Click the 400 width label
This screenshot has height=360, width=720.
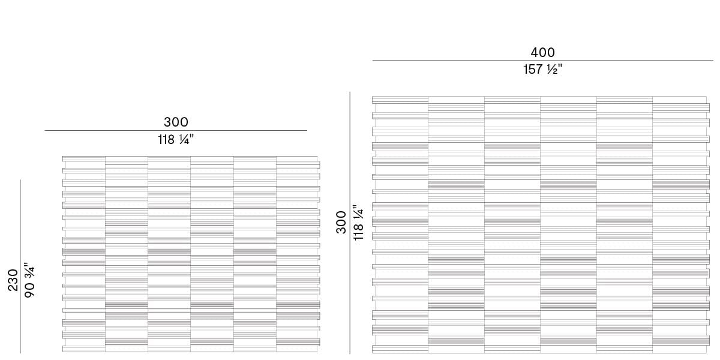point(542,53)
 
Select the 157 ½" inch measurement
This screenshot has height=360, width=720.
point(542,70)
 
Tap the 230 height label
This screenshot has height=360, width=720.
point(13,280)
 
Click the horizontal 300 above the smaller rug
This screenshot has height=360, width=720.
point(176,122)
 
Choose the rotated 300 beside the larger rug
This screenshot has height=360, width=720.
point(341,222)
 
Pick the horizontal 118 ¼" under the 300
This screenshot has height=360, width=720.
point(176,140)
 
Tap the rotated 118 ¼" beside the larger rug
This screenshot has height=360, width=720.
point(358,223)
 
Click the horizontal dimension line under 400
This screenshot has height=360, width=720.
point(542,61)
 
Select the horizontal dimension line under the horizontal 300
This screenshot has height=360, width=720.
point(176,130)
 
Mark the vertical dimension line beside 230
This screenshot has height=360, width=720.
point(20,266)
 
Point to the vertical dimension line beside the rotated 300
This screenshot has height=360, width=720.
point(350,223)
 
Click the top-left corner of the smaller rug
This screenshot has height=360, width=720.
point(63,157)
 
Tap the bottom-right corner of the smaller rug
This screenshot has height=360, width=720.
point(319,352)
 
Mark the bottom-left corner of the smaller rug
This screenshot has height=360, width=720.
point(63,352)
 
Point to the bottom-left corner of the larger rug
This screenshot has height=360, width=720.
point(373,353)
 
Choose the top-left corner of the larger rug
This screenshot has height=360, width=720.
point(373,97)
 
